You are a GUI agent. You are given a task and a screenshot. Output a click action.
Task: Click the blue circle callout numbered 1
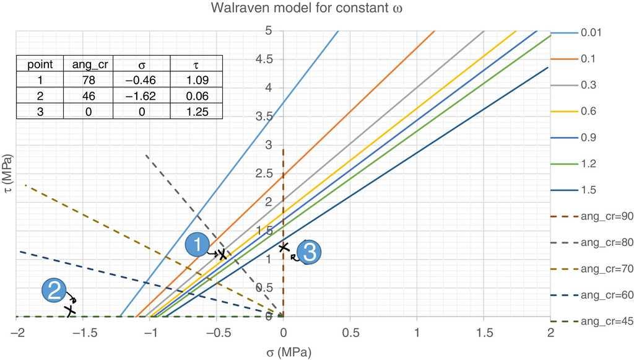coord(197,245)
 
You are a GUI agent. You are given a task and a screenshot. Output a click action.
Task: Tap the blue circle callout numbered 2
coord(54,290)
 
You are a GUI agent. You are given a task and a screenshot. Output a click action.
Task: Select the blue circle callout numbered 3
coord(308,251)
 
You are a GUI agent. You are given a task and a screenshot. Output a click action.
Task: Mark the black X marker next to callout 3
coord(284,247)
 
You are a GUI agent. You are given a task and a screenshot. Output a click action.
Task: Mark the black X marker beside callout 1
coord(222,254)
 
